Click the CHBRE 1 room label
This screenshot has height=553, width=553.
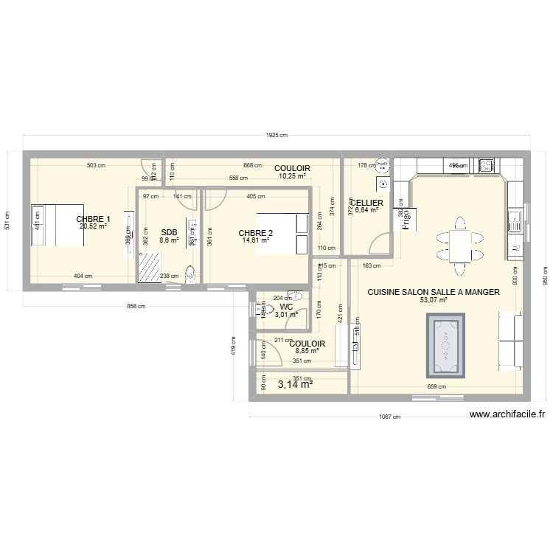[94, 219]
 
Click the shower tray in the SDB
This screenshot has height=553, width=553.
[152, 265]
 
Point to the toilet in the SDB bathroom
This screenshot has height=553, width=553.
[192, 274]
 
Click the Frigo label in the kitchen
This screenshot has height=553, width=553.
[405, 219]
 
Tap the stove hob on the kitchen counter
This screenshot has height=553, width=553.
[487, 165]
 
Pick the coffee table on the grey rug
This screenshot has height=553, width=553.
[445, 344]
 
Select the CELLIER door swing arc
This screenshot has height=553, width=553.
[382, 243]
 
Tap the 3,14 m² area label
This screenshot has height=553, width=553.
[295, 383]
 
